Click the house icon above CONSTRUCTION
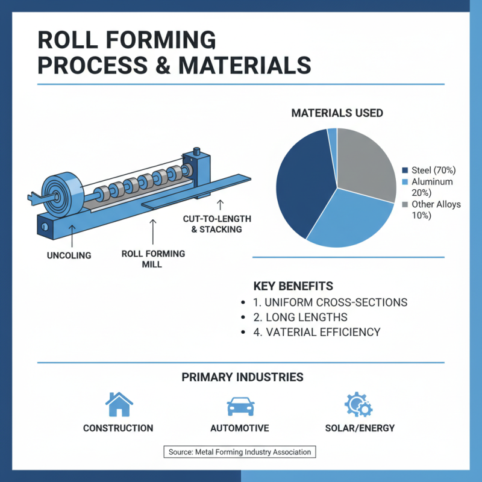click(x=119, y=404)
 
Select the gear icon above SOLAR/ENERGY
click(x=358, y=404)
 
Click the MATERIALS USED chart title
click(x=337, y=113)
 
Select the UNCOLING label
click(x=69, y=255)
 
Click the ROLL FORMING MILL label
click(x=153, y=259)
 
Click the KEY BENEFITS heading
click(x=293, y=286)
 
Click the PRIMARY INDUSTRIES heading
click(x=242, y=378)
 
